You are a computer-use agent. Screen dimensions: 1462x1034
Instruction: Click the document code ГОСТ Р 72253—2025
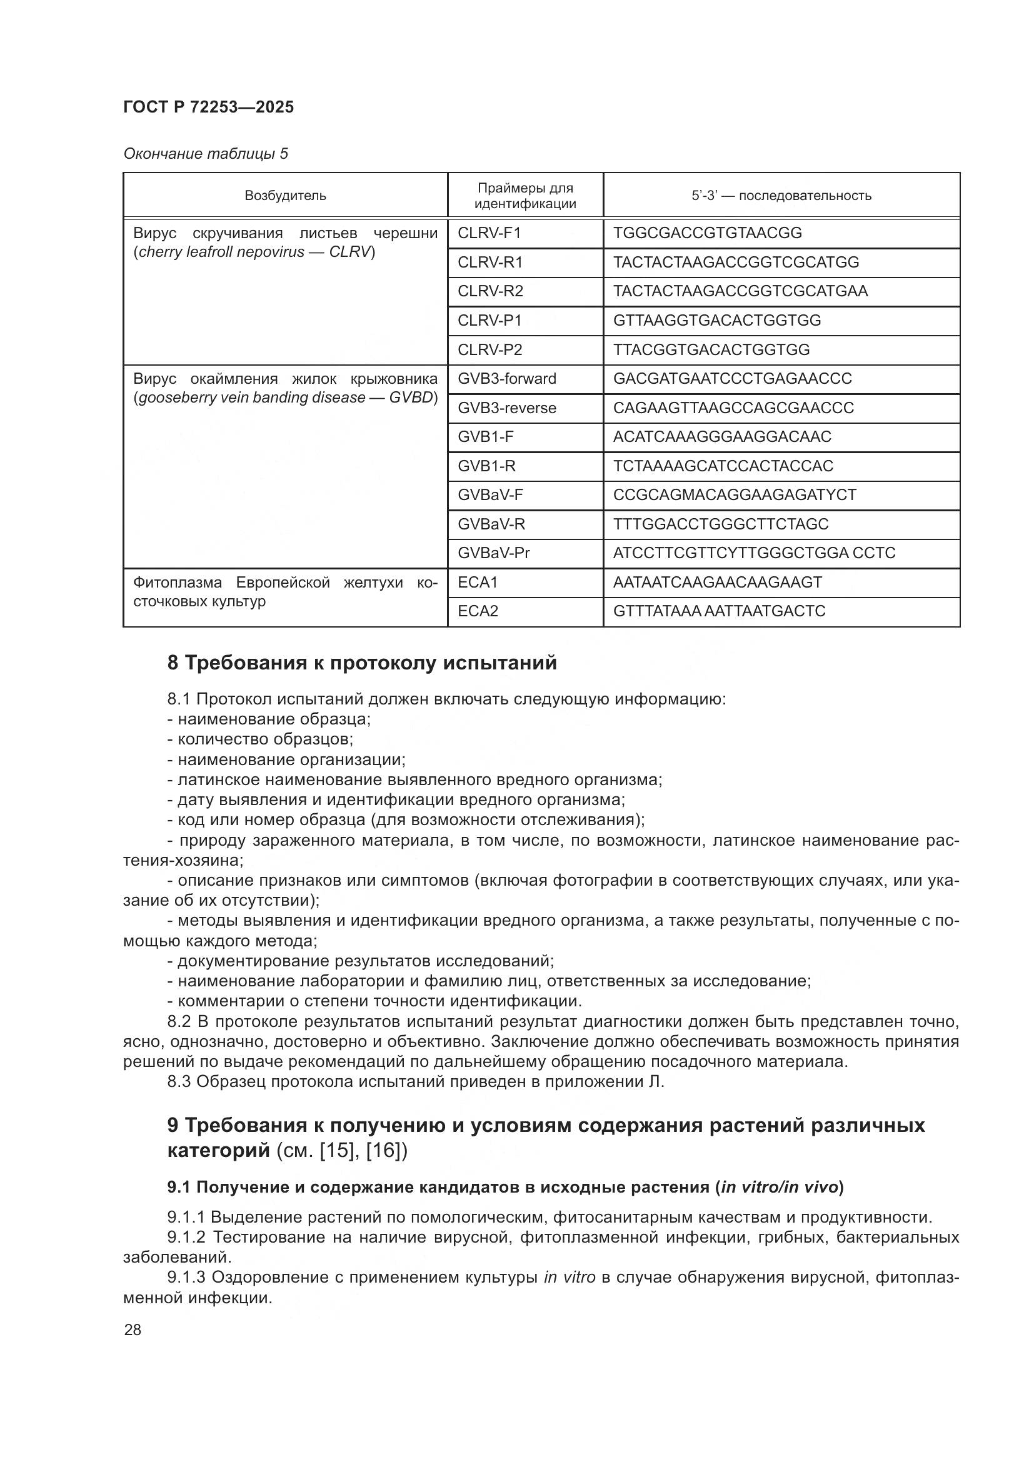[208, 107]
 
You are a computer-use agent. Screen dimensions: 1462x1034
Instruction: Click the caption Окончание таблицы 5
[205, 154]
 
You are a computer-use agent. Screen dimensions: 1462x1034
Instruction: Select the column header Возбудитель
[285, 196]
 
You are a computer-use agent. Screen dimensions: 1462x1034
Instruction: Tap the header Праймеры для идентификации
[525, 196]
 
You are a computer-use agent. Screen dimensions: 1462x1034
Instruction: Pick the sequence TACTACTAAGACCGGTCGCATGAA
[740, 291]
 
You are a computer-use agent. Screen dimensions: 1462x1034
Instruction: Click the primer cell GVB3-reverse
[507, 408]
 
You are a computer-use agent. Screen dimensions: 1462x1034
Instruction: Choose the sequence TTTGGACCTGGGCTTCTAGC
[721, 524]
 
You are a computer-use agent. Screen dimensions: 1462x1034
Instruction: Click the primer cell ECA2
[478, 611]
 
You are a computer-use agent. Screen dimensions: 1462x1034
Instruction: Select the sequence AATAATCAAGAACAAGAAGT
[718, 582]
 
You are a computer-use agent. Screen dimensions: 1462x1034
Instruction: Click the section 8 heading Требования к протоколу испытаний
[361, 663]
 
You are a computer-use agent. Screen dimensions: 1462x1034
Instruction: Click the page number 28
[133, 1330]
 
